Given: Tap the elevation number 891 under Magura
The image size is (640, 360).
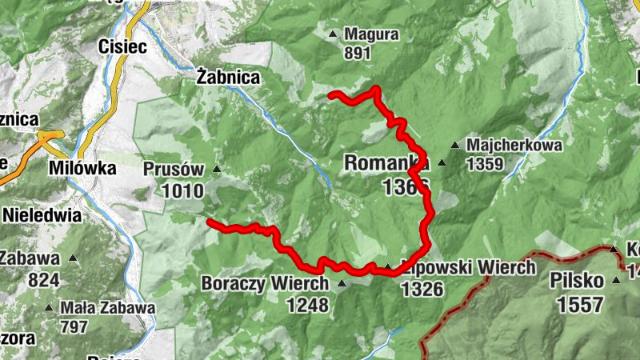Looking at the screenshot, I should coord(358,54).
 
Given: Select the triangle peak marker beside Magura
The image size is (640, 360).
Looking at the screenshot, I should coord(333,34).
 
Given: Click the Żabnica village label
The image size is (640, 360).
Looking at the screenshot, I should coord(228,78).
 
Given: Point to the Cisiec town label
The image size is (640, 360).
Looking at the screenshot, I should coord(122,47).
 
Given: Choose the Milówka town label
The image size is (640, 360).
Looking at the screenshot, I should coord(82,169).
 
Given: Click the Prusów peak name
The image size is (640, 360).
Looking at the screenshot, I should coord(174,170).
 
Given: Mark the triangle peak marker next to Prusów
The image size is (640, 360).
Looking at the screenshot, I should coord(216,169).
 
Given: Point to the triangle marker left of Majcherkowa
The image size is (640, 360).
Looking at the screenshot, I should coord(454,146).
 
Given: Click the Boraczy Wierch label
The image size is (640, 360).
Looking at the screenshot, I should coord(265,284).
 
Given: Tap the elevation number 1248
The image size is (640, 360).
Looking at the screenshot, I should coord(307,304).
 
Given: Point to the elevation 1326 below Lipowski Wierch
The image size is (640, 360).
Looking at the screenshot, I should coord(422,289).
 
